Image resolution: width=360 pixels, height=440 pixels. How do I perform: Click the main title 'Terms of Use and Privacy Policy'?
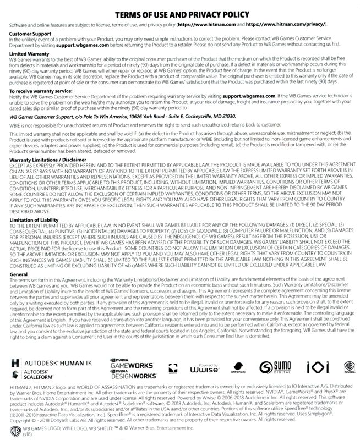(x=180, y=13)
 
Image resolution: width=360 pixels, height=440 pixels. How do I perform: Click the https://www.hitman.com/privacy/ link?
(x=286, y=25)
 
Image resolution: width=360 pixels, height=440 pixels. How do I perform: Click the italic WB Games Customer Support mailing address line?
(x=133, y=116)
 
